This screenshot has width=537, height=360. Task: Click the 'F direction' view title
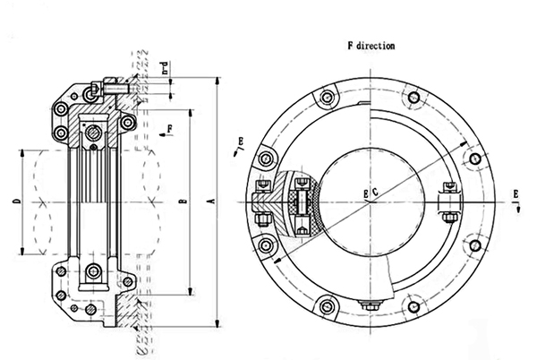[371, 44]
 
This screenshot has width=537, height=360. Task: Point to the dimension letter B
[183, 204]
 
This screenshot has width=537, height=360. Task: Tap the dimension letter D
[19, 204]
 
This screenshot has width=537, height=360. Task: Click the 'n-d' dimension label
[163, 68]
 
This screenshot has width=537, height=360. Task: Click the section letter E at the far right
[518, 193]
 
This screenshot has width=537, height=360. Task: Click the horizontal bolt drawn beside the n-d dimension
[115, 88]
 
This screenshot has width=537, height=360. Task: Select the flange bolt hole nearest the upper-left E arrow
[263, 159]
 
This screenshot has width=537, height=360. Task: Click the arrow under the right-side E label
[518, 205]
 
